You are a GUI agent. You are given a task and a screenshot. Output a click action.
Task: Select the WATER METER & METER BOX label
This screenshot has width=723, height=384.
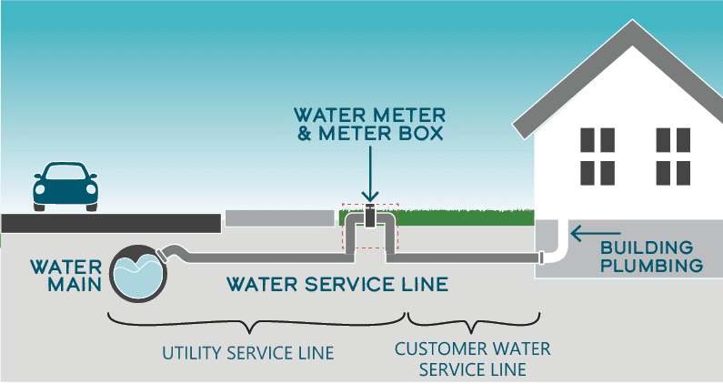point(369,125)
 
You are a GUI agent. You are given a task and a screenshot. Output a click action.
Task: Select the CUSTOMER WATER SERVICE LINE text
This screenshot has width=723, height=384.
point(472,359)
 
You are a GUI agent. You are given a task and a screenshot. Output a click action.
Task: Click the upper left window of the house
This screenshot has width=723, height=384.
point(597,139)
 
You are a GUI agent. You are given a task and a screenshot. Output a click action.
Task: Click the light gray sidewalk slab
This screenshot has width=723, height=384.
point(279,218)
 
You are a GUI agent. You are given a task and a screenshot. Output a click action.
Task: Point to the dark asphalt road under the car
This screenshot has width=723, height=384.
point(109,222)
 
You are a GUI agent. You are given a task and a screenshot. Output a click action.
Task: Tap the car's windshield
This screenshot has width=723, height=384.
point(65,174)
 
